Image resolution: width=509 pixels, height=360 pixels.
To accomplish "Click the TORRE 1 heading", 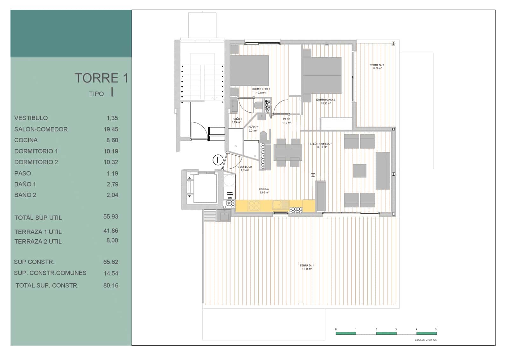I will coord(101,78).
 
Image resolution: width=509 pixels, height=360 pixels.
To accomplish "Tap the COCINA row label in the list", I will coord(26,140).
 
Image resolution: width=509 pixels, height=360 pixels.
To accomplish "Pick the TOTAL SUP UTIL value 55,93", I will coord(111,216).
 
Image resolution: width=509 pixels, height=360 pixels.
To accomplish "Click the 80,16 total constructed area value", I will coord(111,286).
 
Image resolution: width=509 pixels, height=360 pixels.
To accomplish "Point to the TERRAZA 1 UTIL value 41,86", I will coord(111,231).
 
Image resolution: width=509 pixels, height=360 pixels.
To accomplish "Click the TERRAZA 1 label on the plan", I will coord(307,265).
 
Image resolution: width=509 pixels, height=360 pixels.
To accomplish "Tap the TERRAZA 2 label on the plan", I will coord(377,65).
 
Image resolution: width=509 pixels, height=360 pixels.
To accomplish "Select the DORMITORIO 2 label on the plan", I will coord(325,100).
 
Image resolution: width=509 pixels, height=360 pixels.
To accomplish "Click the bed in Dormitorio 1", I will coord(249,70).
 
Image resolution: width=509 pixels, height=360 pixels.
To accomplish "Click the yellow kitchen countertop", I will coord(275,206).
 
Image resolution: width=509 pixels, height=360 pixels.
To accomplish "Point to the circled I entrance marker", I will coord(218,160).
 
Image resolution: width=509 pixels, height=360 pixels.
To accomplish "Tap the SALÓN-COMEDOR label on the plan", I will coord(321,144).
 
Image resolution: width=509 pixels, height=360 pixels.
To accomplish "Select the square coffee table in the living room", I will coord(359,171).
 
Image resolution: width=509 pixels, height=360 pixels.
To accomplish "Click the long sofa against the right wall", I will coord(383,171).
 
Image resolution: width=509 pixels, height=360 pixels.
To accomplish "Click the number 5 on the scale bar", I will coord(436,329).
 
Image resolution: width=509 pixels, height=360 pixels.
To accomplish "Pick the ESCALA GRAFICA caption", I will coord(425,340).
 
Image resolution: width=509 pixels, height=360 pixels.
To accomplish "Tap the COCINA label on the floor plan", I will coord(264,189).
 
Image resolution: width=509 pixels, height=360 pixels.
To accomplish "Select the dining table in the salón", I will coord(288,153).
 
